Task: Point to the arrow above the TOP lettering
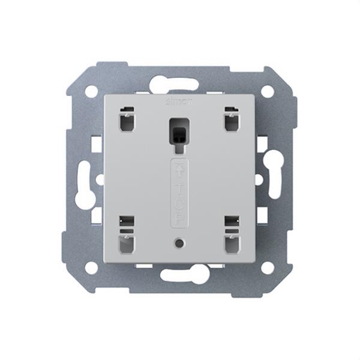pyautogui.click(x=180, y=171)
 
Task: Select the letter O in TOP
pyautogui.click(x=180, y=202)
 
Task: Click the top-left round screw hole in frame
pyautogui.click(x=91, y=91)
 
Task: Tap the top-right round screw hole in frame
pyautogui.click(x=268, y=91)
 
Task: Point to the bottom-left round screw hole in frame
pyautogui.click(x=91, y=268)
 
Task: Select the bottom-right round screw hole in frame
pyautogui.click(x=268, y=268)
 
